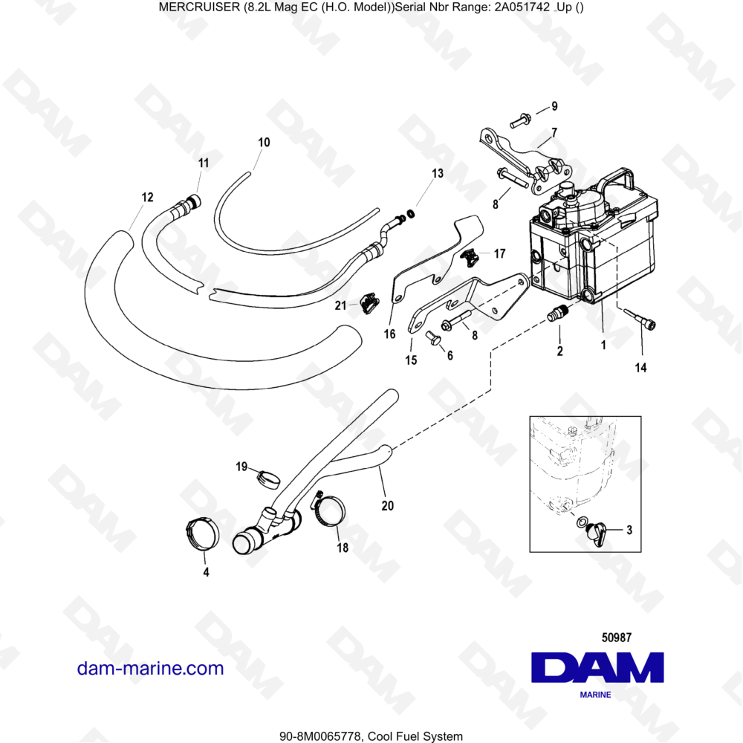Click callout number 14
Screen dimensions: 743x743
pos(640,367)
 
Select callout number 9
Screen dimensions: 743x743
pos(554,106)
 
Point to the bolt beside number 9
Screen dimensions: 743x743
pos(520,117)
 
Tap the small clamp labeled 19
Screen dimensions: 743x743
pos(269,477)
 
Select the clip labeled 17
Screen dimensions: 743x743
pos(470,258)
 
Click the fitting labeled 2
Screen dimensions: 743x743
pos(557,315)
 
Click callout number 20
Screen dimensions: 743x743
pos(387,506)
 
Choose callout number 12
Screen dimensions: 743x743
pos(147,197)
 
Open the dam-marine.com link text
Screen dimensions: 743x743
pos(150,668)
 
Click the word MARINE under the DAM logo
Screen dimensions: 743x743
pos(595,695)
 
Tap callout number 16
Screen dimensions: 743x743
pos(389,334)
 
